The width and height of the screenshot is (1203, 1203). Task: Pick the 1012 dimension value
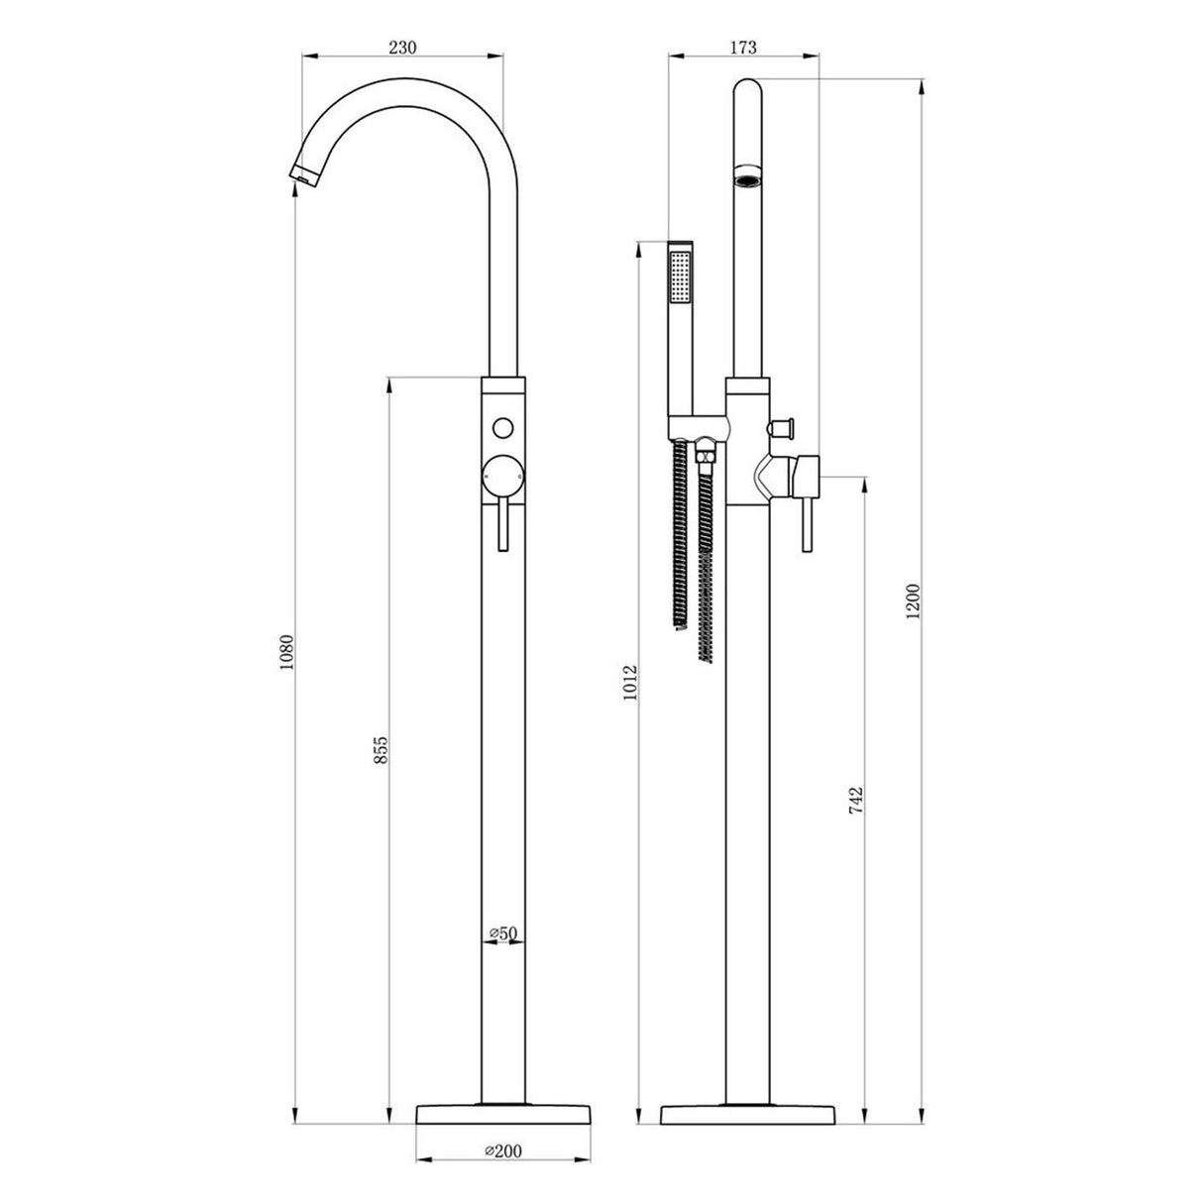(x=631, y=682)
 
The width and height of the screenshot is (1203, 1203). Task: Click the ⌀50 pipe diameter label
(x=504, y=932)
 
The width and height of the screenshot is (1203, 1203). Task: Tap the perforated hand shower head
(x=680, y=277)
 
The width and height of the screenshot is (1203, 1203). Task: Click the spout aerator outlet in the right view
(x=746, y=179)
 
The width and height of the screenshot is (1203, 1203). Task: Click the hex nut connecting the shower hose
(x=705, y=456)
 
